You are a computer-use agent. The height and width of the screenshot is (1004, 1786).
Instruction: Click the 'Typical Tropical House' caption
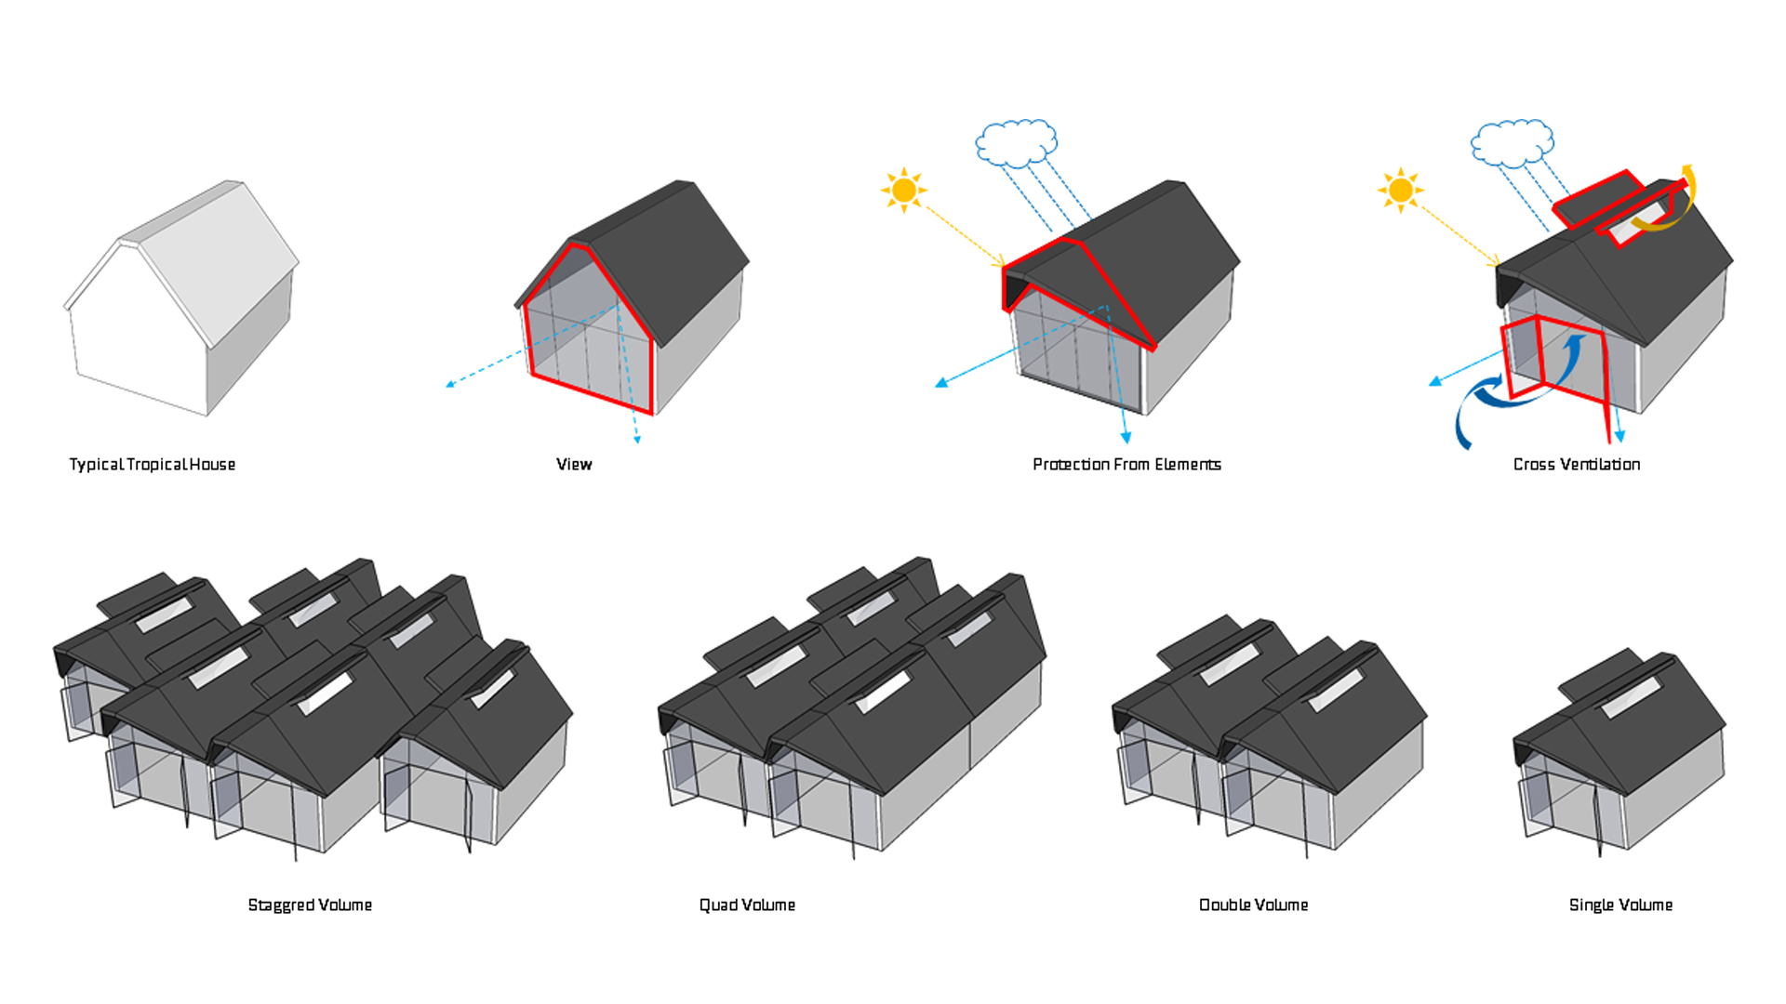[153, 465]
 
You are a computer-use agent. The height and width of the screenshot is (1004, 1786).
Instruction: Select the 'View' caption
[574, 465]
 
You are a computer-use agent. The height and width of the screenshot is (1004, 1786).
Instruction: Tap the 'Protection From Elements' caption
[1126, 465]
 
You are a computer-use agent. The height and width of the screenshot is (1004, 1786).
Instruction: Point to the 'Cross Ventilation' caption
[1577, 465]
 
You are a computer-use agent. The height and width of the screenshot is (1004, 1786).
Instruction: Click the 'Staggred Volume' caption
[310, 905]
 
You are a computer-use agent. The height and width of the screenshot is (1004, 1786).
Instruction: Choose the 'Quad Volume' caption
[747, 905]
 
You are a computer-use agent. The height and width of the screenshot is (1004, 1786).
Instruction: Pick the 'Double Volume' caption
[1253, 905]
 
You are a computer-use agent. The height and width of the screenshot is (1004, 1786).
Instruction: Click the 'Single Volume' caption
[1620, 905]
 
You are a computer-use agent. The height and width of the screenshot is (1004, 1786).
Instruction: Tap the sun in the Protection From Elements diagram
[903, 191]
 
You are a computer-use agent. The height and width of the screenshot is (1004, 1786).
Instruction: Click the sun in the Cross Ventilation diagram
[1400, 191]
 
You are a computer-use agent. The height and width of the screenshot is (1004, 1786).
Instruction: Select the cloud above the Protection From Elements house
[1016, 143]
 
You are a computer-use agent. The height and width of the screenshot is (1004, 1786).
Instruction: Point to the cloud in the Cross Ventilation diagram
[1512, 143]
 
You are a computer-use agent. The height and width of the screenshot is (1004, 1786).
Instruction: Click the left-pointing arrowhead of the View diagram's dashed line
[451, 383]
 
